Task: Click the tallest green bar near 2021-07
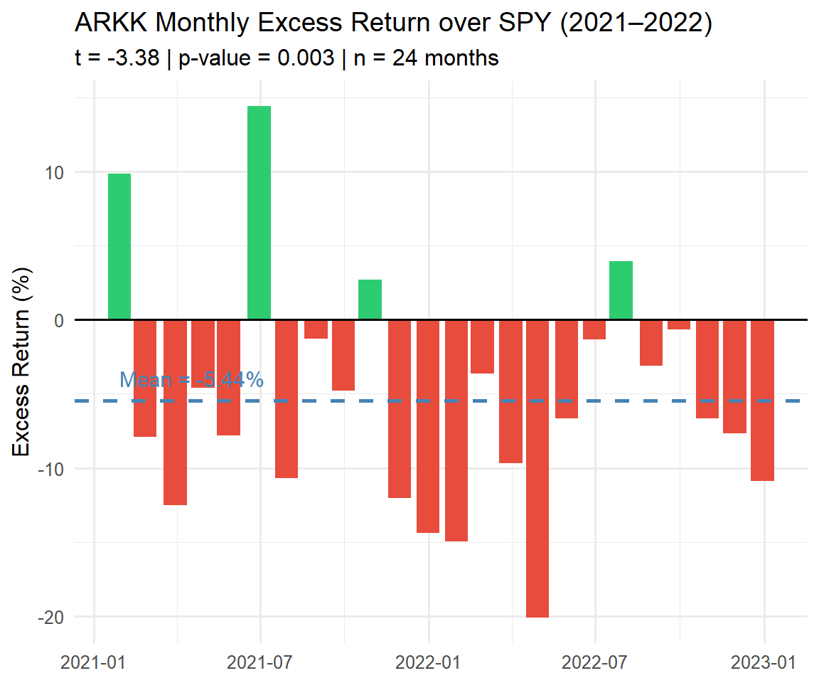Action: (x=259, y=213)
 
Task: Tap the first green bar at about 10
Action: (x=119, y=246)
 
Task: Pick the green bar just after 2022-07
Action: (x=621, y=290)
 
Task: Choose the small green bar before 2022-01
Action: (x=370, y=300)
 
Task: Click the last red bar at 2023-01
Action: (x=762, y=400)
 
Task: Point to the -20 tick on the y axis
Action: (x=51, y=617)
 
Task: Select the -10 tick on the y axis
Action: (x=51, y=469)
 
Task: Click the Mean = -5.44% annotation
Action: (x=191, y=380)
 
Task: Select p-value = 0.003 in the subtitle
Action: (x=256, y=58)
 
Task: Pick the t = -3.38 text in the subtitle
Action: (x=116, y=58)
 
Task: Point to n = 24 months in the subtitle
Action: (x=426, y=58)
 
